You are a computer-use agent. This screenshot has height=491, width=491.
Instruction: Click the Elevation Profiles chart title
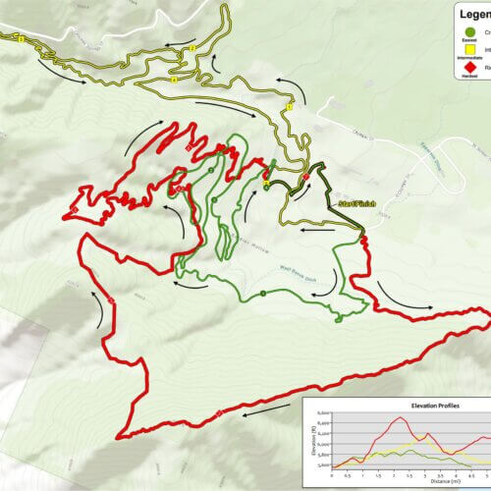point(409,406)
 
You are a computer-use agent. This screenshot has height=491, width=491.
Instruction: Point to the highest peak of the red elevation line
point(398,418)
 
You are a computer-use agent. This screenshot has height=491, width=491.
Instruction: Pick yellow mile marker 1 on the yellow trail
point(290,106)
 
